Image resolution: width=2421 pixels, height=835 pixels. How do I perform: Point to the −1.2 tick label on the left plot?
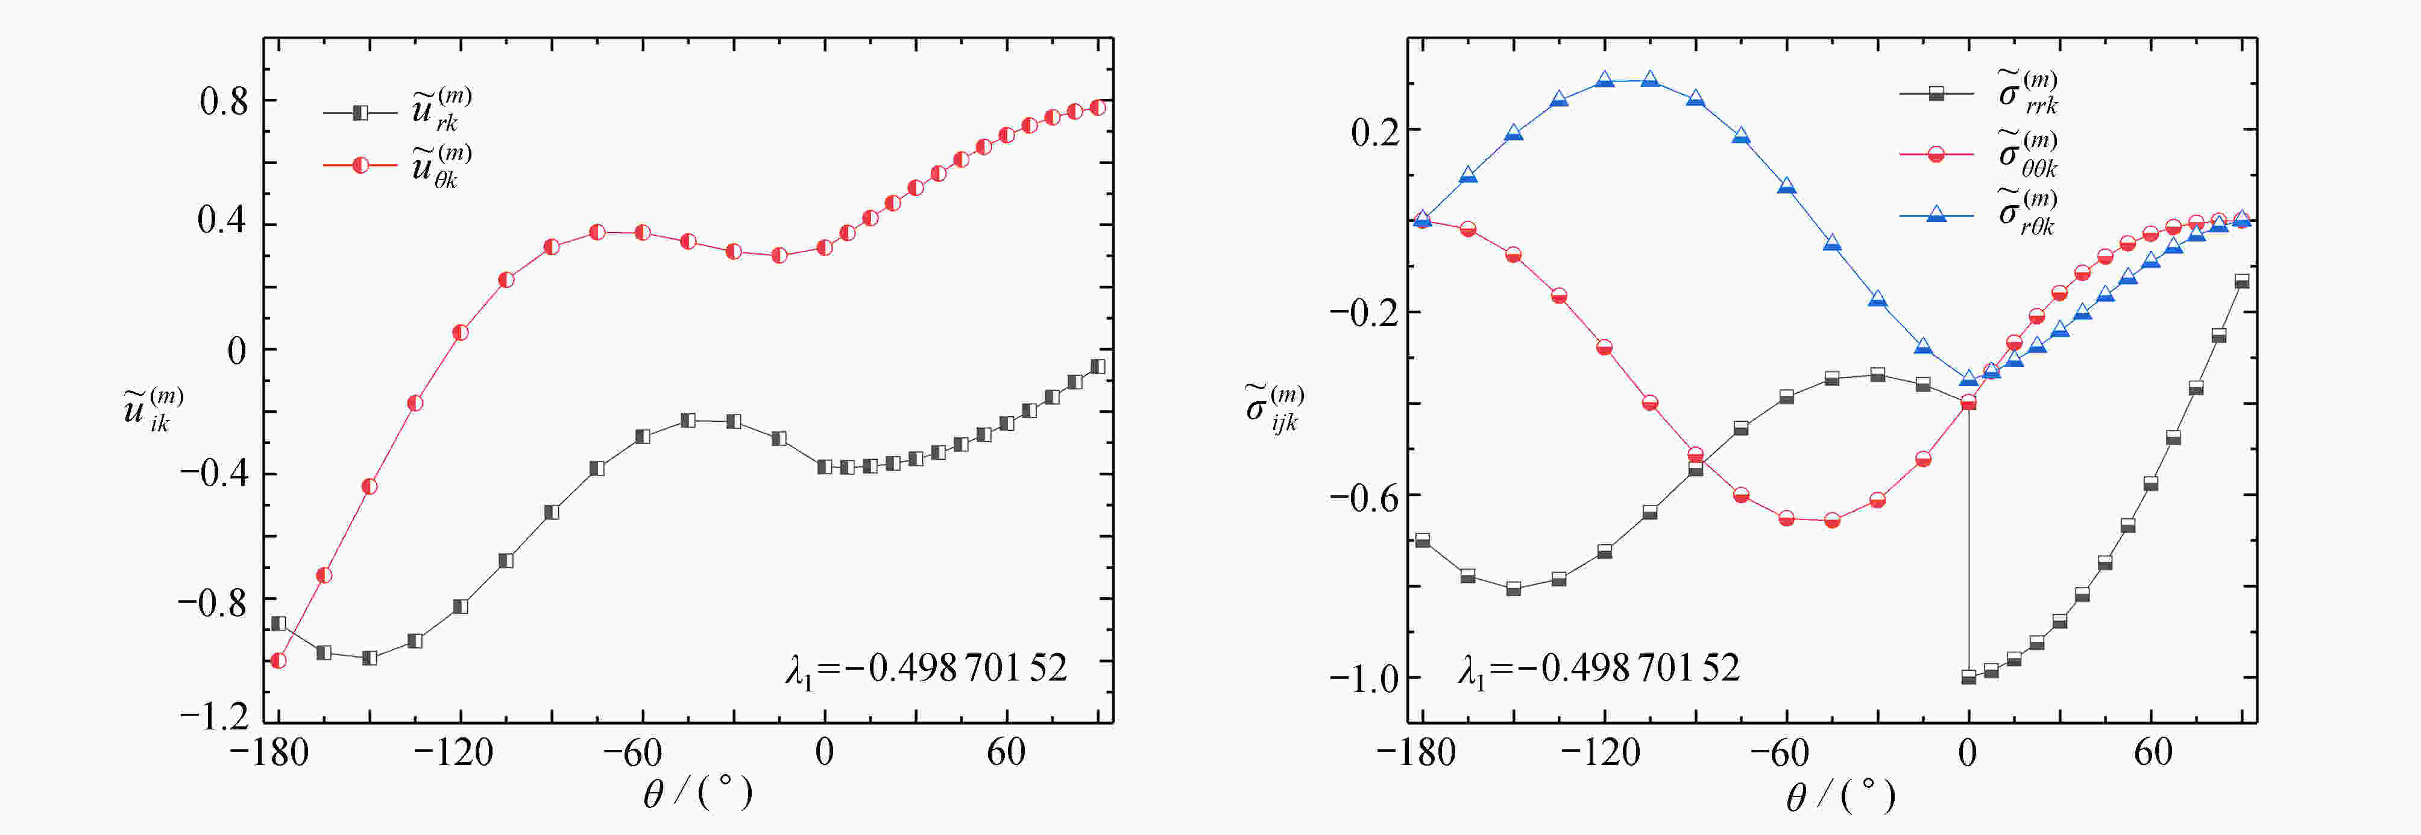(x=214, y=717)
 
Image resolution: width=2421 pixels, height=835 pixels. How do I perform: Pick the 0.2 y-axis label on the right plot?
(x=1373, y=132)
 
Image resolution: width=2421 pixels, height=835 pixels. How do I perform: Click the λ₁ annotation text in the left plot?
(x=926, y=668)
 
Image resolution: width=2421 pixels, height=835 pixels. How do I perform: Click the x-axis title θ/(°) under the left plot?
(x=697, y=793)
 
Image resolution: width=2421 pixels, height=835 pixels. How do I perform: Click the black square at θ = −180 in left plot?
(x=278, y=623)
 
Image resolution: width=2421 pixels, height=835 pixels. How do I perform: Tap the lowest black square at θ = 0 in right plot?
(x=1969, y=677)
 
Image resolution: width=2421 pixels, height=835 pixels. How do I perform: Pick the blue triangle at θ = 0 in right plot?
(x=1969, y=379)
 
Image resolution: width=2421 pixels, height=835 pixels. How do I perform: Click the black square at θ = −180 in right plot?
(x=1423, y=540)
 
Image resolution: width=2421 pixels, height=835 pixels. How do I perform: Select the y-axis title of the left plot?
(x=153, y=409)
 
